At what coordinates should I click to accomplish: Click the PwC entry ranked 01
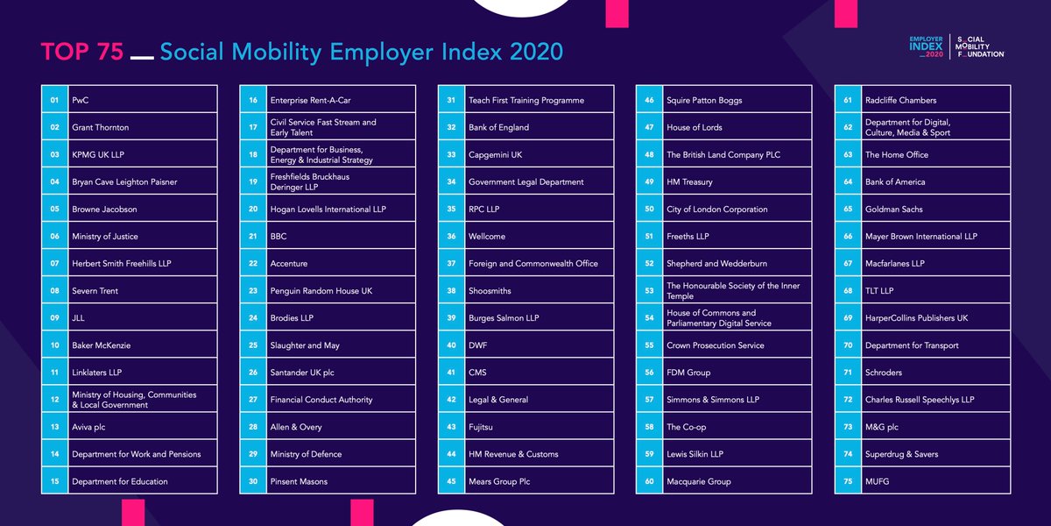(x=81, y=100)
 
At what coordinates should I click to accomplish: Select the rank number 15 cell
(x=54, y=481)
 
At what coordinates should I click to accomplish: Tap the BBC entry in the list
(x=279, y=237)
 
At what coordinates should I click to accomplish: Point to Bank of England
(x=498, y=127)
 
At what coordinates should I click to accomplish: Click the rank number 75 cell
(x=847, y=481)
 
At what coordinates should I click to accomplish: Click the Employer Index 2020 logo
(x=927, y=46)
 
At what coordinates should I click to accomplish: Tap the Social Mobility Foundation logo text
(x=980, y=46)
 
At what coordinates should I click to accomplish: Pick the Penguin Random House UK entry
(x=321, y=291)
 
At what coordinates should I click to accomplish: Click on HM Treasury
(x=689, y=182)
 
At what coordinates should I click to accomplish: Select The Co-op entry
(x=686, y=427)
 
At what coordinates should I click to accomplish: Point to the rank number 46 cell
(x=649, y=100)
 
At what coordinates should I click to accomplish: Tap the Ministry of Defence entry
(x=306, y=454)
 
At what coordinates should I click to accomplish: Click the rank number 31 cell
(x=451, y=100)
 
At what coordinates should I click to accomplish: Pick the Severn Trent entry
(x=95, y=291)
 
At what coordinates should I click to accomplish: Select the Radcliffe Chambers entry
(x=900, y=100)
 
